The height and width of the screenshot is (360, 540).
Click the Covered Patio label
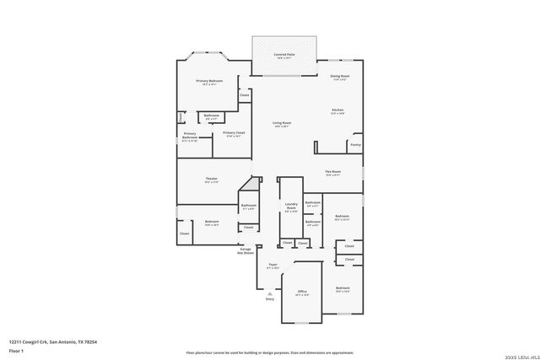[x=283, y=56]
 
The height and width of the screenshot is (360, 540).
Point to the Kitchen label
[x=337, y=111]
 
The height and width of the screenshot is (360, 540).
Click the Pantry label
[x=354, y=145]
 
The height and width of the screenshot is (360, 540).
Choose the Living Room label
[x=281, y=125]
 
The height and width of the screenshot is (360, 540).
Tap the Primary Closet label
[x=233, y=133]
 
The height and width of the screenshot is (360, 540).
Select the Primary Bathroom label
[x=190, y=137]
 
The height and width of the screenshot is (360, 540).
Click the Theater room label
[x=211, y=180]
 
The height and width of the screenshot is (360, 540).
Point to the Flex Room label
[x=332, y=173]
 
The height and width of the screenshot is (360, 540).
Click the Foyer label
[x=273, y=266]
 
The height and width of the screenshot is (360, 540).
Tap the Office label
[x=301, y=293]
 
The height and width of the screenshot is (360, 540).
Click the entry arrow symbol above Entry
[x=270, y=293]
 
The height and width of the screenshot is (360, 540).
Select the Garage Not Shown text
[x=246, y=251]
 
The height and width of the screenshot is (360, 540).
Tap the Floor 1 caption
[x=17, y=350]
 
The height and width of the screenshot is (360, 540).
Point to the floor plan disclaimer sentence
[x=270, y=352]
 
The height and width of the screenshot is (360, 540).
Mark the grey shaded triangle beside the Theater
[x=255, y=183]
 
